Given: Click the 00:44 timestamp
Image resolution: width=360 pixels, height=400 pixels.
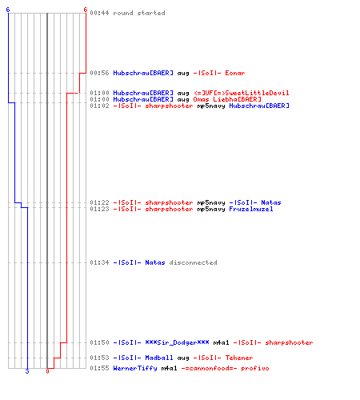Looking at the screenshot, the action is coord(99,13).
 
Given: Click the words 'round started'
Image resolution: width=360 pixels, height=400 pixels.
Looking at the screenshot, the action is coord(139,13).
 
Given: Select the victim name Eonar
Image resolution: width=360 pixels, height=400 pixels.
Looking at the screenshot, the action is coord(235,73).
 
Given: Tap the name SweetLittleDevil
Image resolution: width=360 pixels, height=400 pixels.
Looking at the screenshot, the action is coord(257,93).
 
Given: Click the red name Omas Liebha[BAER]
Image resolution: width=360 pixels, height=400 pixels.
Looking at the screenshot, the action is coord(227,99).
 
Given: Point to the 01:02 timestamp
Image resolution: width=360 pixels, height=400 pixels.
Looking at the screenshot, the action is coord(99,106).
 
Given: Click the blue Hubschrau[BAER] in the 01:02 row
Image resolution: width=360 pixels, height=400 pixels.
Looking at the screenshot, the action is coord(259,106).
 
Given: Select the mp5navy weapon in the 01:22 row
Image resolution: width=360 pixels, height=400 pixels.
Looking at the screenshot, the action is coord(211,202).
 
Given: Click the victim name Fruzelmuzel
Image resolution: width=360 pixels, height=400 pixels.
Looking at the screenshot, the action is coord(251,209).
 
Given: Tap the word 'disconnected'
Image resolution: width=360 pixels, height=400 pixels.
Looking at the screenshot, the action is coord(193,262).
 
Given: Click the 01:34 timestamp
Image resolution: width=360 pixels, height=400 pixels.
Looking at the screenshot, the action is coord(99,262).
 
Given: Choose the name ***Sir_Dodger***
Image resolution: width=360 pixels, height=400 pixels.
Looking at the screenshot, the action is coord(177,342).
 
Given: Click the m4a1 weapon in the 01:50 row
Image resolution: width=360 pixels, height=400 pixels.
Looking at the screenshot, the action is coord(221,342).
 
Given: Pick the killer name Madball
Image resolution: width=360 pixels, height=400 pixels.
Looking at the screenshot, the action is coord(159,358).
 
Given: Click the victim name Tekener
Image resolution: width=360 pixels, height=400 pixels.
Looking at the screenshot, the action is coord(239,358).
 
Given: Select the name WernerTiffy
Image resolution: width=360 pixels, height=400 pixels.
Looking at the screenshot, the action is coord(135,368).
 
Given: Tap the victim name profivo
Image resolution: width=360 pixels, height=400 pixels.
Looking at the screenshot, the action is coord(255,368).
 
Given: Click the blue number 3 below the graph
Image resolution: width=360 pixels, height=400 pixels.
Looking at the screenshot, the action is coord(27,371).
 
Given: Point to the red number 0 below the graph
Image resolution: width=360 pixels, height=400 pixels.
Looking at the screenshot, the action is coord(47,371).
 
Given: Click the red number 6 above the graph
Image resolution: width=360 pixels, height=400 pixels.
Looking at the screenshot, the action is coord(86,10).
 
